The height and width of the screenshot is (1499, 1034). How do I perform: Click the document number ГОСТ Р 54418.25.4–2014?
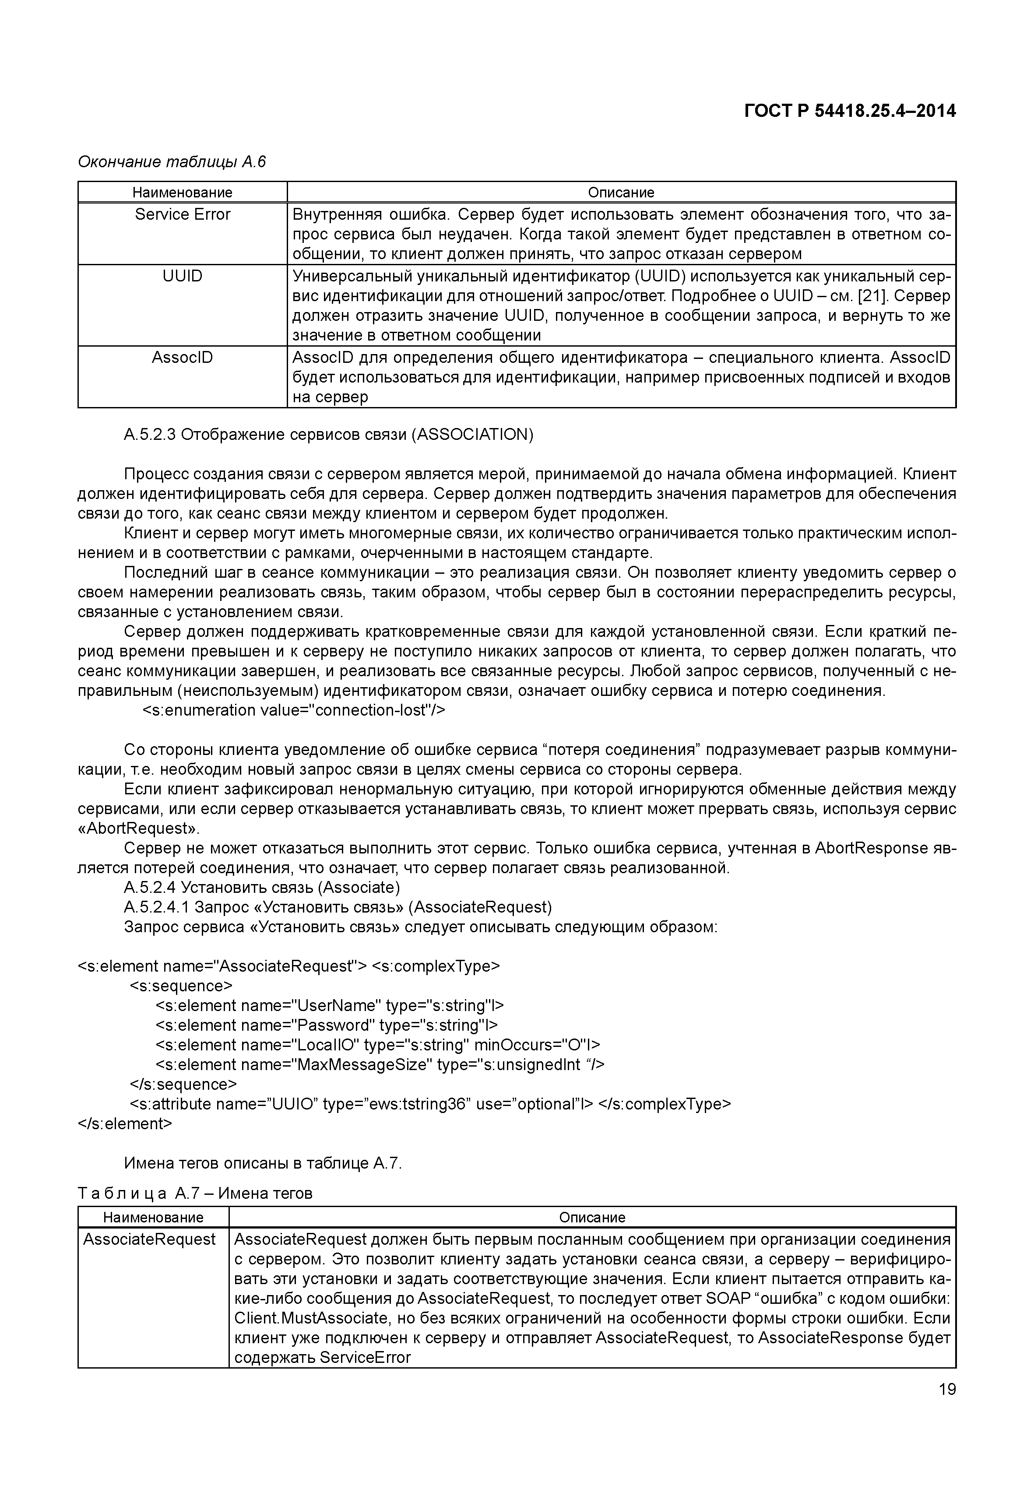(x=849, y=112)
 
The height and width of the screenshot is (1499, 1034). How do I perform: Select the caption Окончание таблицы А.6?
(x=172, y=161)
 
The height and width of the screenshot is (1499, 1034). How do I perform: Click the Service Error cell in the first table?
(x=182, y=214)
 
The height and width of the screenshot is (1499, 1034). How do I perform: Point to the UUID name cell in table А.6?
(x=182, y=277)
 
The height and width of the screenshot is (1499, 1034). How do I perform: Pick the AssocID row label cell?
(x=182, y=358)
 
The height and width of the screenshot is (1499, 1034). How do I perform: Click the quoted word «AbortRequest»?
(x=139, y=828)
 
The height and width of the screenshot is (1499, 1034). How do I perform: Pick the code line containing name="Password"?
(x=327, y=1025)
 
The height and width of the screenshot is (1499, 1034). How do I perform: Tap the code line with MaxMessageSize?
(x=380, y=1064)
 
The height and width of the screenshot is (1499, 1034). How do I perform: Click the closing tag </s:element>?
(x=125, y=1123)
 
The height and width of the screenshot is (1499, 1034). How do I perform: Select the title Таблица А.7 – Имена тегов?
(x=195, y=1193)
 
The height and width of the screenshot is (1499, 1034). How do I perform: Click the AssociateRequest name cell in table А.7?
(x=150, y=1239)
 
